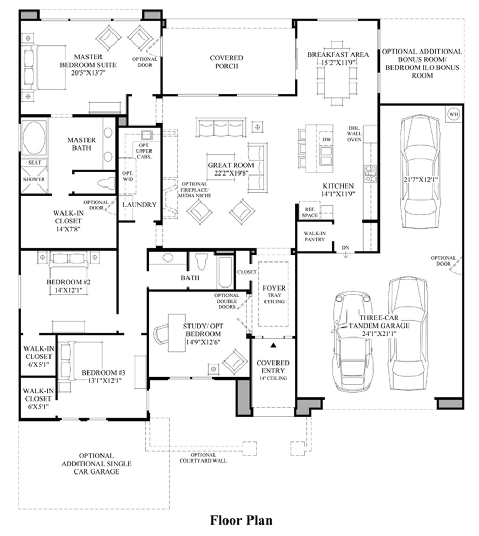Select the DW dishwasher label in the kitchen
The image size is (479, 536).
tap(327, 140)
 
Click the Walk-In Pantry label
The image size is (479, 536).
tap(315, 236)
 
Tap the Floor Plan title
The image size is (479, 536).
tap(241, 520)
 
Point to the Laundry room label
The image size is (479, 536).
tap(139, 205)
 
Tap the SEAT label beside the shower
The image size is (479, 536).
tap(34, 163)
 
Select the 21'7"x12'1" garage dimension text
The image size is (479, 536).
tap(421, 180)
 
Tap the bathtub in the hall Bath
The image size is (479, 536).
tap(225, 271)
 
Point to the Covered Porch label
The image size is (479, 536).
tap(226, 62)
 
